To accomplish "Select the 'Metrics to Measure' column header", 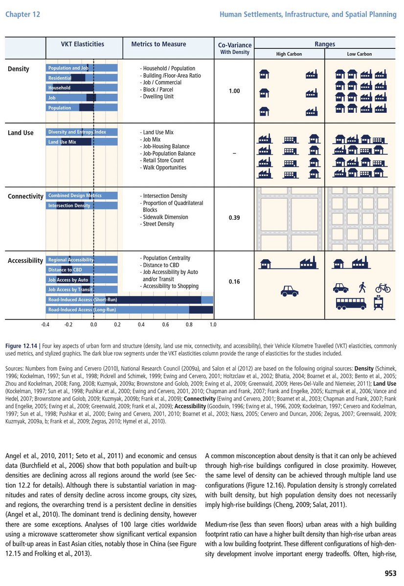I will click(158, 44).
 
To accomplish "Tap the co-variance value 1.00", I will click(234, 91).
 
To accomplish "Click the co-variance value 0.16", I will click(234, 282).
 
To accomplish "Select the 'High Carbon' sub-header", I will click(289, 54).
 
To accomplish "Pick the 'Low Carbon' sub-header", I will click(359, 54).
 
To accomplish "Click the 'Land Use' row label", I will click(21, 133).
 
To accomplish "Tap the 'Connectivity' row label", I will click(25, 196).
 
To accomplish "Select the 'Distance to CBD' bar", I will click(82, 270).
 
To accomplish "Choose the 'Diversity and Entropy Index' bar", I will click(82, 132).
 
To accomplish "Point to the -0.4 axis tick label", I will click(45, 324).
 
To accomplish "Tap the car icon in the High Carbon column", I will click(290, 291).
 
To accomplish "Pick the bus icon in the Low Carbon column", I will click(351, 304).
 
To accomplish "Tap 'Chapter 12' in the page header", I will click(22, 15).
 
